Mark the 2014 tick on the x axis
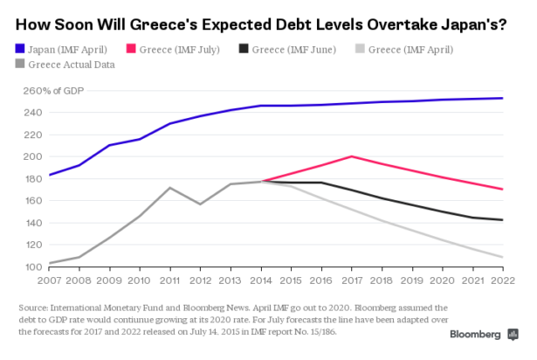click(x=261, y=280)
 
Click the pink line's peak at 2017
click(x=351, y=156)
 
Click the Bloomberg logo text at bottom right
click(x=478, y=335)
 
